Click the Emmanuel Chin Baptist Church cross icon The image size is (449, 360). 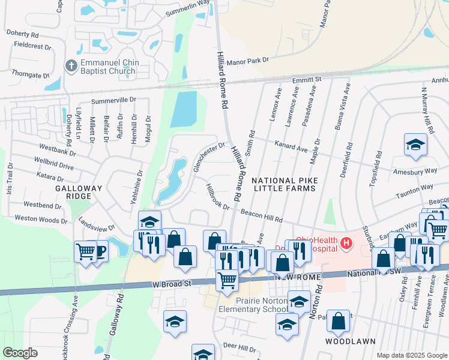[x=70, y=67]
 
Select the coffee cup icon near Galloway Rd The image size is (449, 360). [x=99, y=251]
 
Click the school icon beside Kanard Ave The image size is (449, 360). [x=415, y=145]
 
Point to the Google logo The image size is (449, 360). [x=20, y=353]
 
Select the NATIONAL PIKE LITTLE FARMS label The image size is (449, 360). [x=283, y=184]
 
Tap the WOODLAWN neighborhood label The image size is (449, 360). [x=351, y=341]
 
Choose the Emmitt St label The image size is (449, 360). [x=307, y=79]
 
